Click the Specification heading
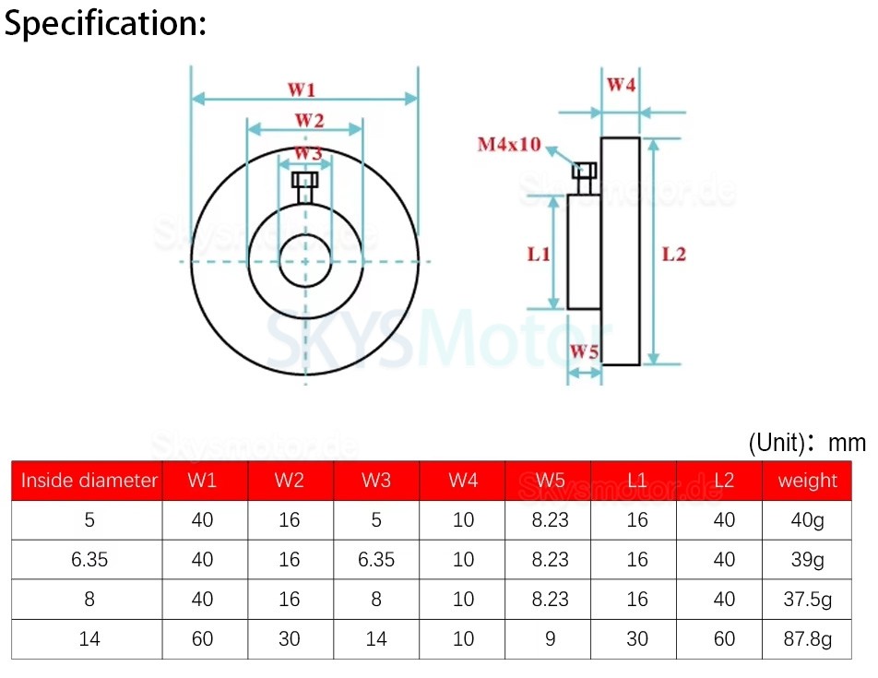[105, 24]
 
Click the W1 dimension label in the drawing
[302, 89]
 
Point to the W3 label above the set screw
[307, 153]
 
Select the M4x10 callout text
[508, 145]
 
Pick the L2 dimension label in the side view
[674, 254]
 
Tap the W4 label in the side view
[621, 86]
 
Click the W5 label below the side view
[584, 351]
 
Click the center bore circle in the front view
[304, 261]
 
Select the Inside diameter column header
[89, 481]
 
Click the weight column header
[807, 481]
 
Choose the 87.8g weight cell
[807, 638]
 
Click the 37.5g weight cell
[807, 600]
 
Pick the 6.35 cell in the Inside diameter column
[89, 560]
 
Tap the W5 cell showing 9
[551, 638]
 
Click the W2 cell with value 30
[290, 638]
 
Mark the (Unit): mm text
[807, 443]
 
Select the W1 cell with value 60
[202, 638]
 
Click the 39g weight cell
[807, 560]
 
